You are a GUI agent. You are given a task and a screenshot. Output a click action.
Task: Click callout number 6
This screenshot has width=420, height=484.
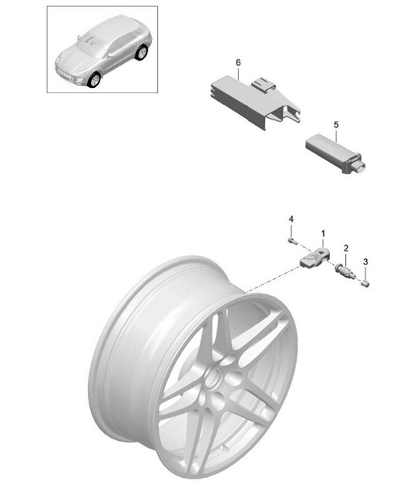coord(238,62)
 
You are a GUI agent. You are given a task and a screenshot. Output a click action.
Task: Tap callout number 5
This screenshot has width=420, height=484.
coord(336,125)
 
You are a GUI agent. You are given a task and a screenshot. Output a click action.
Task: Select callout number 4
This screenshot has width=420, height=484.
coord(291,219)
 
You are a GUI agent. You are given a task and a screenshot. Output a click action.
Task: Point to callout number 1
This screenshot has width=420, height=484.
coord(323,234)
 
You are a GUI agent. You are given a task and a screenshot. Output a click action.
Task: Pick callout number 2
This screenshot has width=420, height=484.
coord(346,248)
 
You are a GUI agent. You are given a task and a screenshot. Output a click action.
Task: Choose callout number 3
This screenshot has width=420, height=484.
coord(365,262)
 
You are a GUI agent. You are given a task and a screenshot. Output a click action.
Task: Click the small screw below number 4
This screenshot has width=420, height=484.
coord(291,240)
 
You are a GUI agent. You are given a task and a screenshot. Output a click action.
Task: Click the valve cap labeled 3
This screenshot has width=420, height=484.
coord(365,284)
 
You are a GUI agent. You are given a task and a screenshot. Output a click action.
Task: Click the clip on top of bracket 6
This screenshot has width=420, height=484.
coord(263,85)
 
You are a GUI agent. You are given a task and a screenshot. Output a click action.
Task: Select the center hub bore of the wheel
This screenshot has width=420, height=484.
coord(213,378)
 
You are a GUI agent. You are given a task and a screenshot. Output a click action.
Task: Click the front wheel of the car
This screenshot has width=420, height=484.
coord(94,79)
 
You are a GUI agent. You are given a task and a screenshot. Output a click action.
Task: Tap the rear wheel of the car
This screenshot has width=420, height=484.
coord(142,52)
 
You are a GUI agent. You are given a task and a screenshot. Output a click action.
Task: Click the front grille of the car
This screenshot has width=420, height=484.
coord(66,75)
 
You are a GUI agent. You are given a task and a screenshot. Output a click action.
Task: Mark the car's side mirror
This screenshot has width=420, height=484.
coord(110,55)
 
